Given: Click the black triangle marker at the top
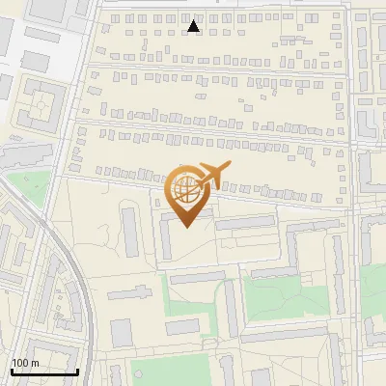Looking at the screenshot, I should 194,27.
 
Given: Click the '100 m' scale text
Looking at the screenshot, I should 25,363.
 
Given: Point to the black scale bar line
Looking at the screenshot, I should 44,372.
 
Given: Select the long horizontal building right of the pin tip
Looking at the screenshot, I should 247,224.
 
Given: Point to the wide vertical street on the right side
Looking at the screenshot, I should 353,193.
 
